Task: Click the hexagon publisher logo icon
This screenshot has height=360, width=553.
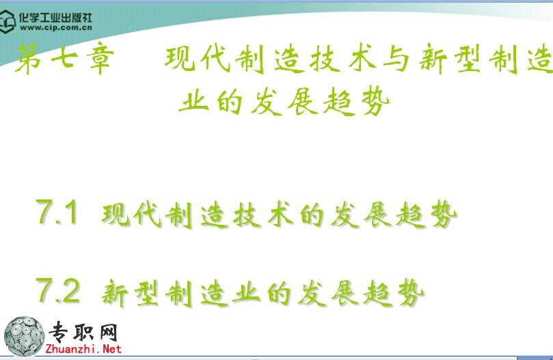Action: click(8, 21)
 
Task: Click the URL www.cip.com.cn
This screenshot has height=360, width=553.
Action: click(56, 27)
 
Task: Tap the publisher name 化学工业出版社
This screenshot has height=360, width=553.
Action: click(55, 17)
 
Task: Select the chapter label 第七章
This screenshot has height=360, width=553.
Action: click(65, 58)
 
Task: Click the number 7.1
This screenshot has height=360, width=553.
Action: click(57, 212)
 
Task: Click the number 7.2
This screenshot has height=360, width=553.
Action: click(58, 290)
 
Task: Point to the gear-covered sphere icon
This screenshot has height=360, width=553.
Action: click(24, 336)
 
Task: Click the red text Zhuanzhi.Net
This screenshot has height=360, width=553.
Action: click(83, 349)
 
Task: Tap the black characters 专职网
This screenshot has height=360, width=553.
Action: click(83, 332)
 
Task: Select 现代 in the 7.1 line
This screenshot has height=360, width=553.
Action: click(131, 214)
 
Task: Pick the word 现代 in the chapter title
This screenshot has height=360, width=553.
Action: click(198, 59)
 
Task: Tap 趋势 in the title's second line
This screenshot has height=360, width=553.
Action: click(356, 102)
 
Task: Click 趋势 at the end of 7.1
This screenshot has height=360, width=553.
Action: click(426, 214)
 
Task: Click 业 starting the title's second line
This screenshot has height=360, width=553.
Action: click(193, 102)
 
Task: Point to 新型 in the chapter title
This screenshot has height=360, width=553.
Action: click(450, 59)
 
